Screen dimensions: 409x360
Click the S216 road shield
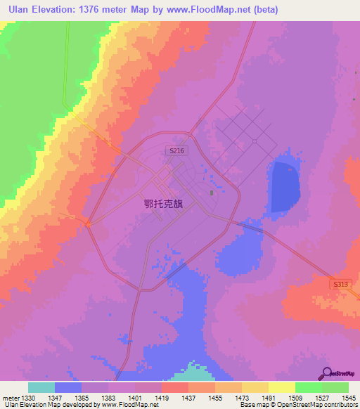pyautogui.click(x=176, y=150)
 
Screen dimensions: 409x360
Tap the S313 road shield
pyautogui.click(x=340, y=283)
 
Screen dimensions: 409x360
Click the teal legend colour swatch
pyautogui.click(x=41, y=387)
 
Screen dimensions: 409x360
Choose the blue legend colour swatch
pyautogui.click(x=68, y=387)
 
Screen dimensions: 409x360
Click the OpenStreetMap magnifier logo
pyautogui.click(x=326, y=373)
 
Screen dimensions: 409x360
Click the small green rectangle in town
pyautogui.click(x=210, y=192)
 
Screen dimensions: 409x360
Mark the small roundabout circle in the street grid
pyautogui.click(x=254, y=141)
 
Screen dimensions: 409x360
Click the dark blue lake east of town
pyautogui.click(x=285, y=186)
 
